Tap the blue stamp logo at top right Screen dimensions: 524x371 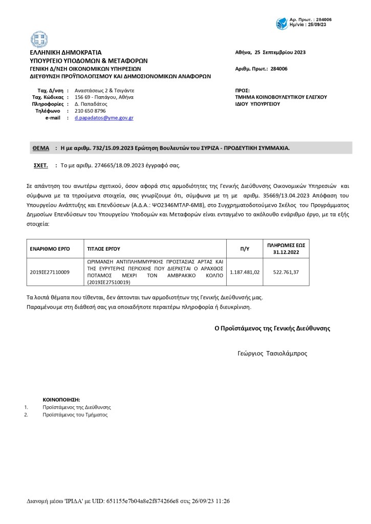point(282,23)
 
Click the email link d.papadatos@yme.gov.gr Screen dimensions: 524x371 point(104,118)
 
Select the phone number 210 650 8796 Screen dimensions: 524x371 point(90,111)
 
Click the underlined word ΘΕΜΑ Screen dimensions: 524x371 point(41,148)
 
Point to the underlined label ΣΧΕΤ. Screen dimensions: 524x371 point(40,165)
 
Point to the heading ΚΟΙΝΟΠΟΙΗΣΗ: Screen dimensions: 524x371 point(61,399)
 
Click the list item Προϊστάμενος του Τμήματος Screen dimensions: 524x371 point(75,414)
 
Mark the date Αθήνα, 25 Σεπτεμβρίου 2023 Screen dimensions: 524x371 point(270,52)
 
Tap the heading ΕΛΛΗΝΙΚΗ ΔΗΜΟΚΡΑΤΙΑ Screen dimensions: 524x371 point(66,52)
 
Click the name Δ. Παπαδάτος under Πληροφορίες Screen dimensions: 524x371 point(91,103)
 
